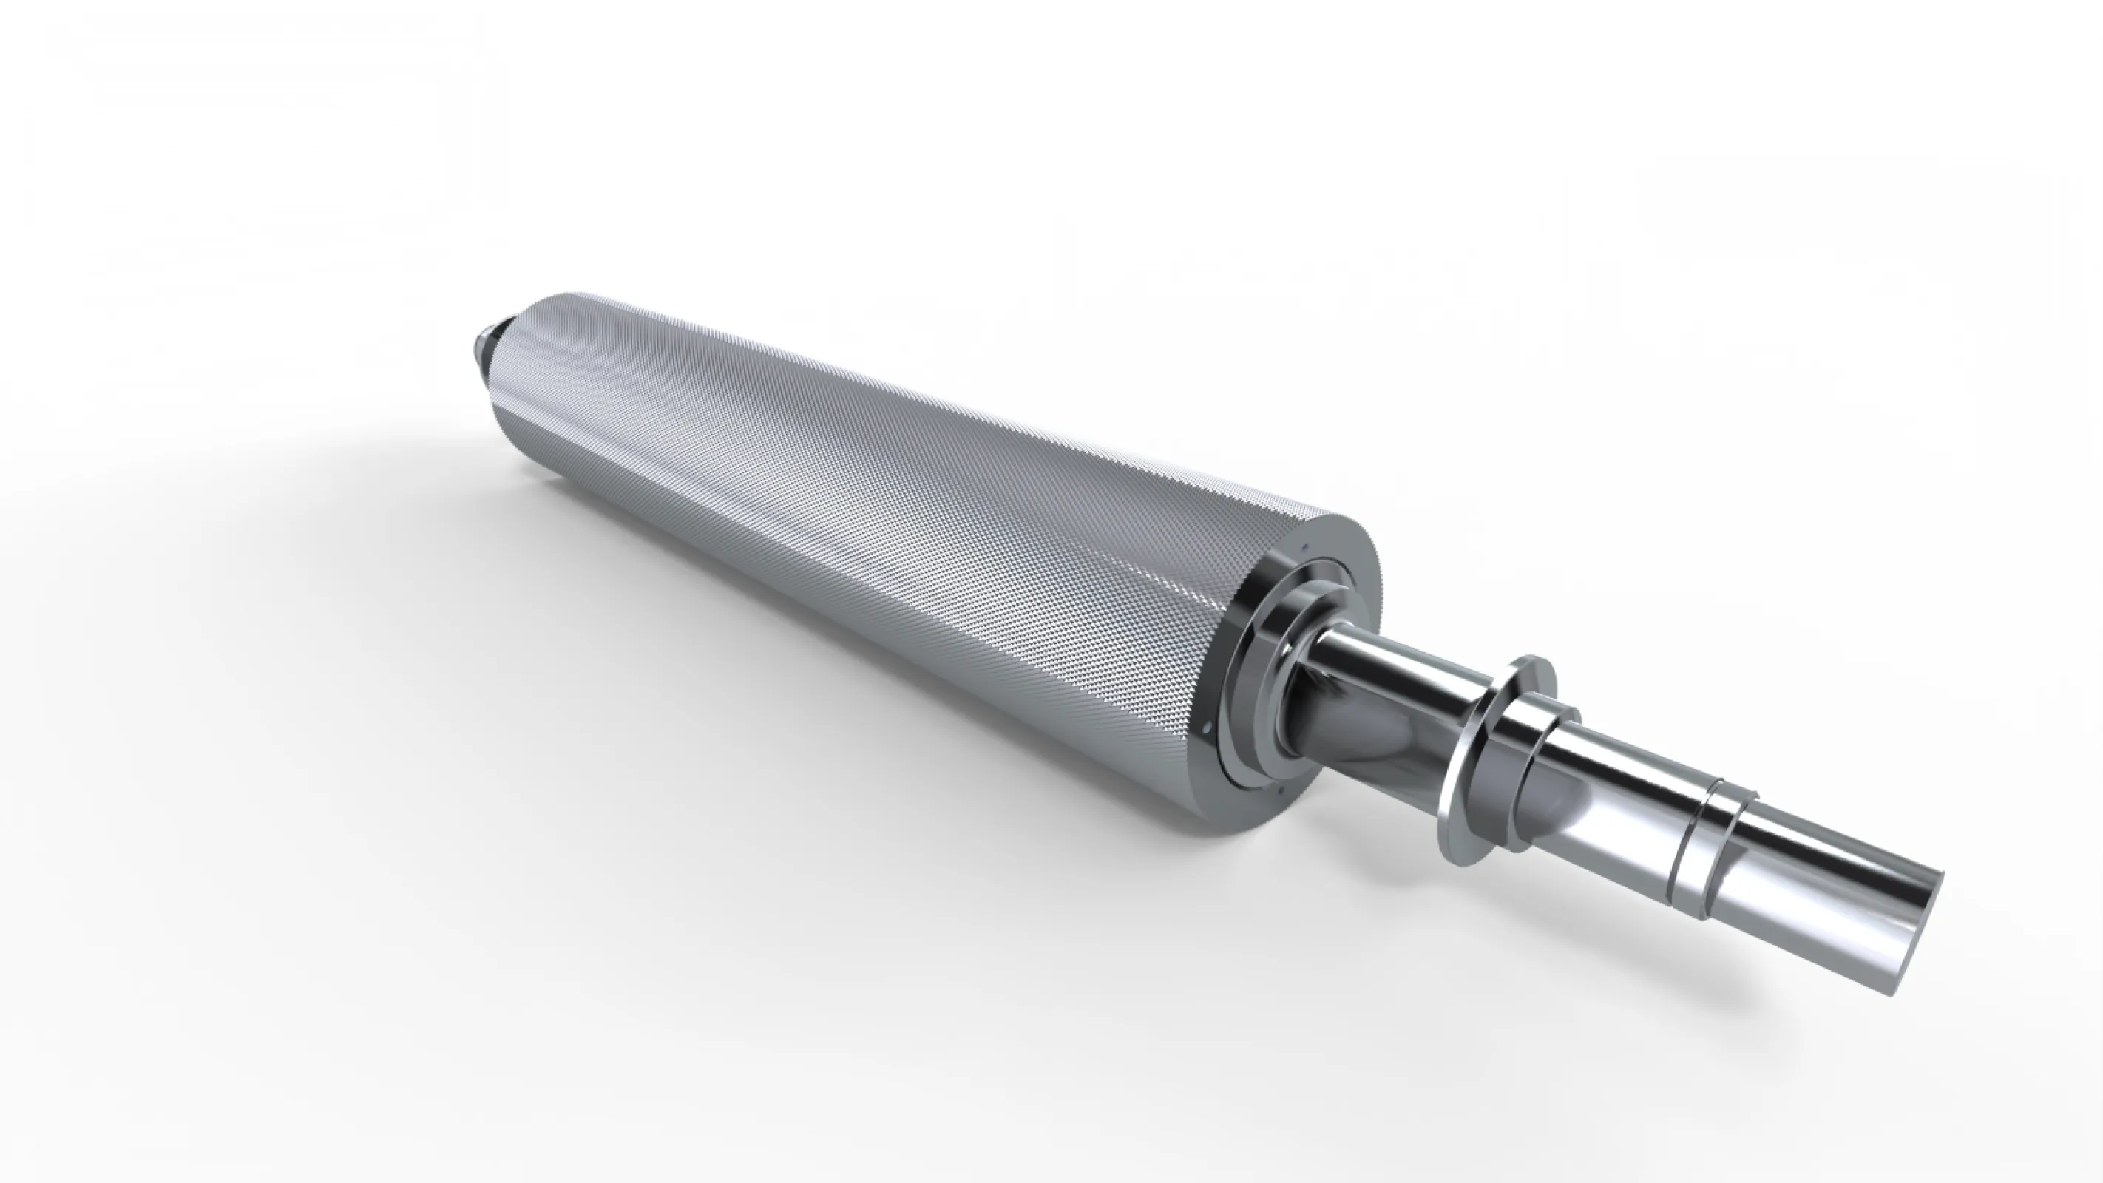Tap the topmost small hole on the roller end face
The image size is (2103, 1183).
(1305, 548)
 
